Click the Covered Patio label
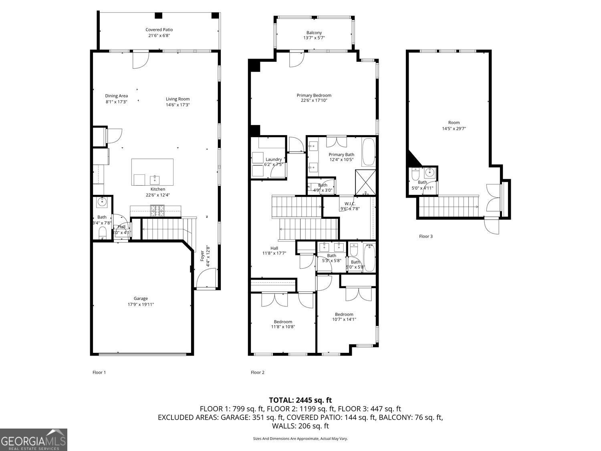(x=159, y=30)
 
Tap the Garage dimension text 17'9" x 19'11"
(x=141, y=305)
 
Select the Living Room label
(x=177, y=99)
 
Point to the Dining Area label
(x=117, y=96)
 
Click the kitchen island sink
(x=155, y=179)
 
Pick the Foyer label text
(x=202, y=256)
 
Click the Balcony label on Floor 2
(x=314, y=33)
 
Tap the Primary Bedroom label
(x=314, y=95)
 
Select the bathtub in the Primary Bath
(x=369, y=152)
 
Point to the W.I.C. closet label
(x=350, y=204)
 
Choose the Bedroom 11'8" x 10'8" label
(x=283, y=322)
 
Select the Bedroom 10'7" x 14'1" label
(x=344, y=314)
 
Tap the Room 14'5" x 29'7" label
(x=454, y=123)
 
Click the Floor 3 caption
(x=426, y=237)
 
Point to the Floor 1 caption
(x=99, y=372)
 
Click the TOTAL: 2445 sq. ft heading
(x=300, y=400)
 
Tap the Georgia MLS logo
(x=33, y=440)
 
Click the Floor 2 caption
(x=258, y=372)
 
